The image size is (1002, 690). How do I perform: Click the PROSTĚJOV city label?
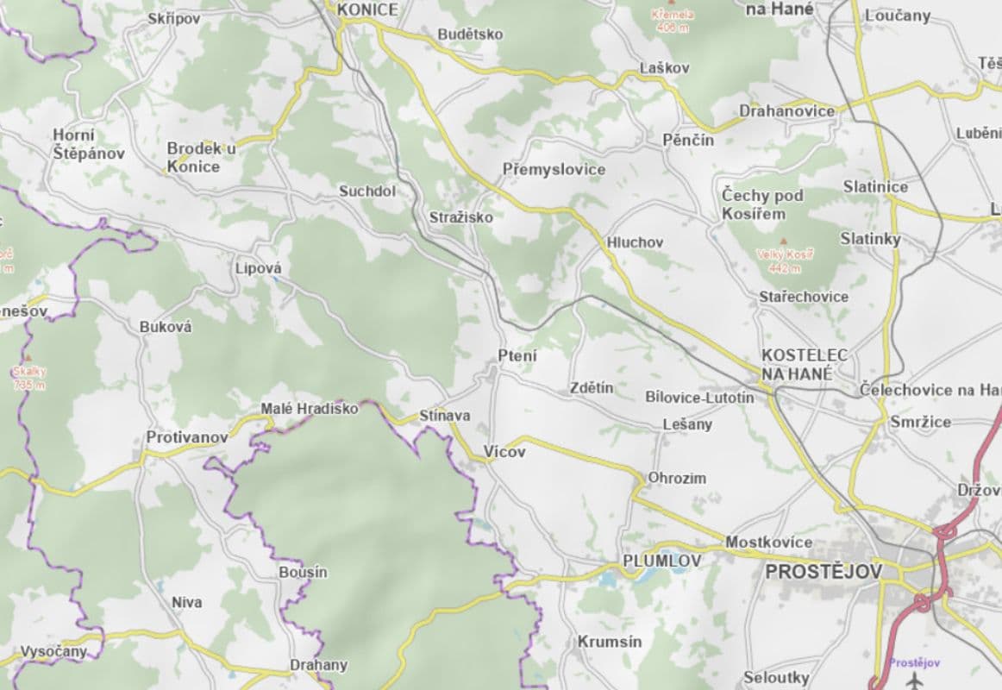tap(824, 572)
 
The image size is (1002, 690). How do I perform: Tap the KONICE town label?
tap(368, 9)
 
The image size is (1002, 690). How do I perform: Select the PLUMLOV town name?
tap(661, 561)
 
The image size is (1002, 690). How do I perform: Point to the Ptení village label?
tap(517, 355)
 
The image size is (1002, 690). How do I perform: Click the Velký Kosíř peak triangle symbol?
tap(783, 241)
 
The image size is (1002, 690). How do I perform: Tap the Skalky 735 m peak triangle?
tap(28, 356)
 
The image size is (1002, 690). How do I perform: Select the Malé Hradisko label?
tap(309, 409)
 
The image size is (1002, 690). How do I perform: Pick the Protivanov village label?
tap(187, 437)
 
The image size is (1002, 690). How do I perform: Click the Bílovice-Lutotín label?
tap(699, 397)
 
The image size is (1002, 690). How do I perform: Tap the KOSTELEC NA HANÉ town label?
tap(803, 365)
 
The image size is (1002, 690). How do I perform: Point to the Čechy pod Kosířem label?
tap(762, 204)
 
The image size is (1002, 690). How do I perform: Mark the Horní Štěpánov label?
tap(88, 144)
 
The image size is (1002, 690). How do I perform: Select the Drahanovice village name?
tap(786, 110)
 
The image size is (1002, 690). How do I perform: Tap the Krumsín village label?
tap(610, 642)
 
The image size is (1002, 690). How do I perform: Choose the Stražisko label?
tap(461, 217)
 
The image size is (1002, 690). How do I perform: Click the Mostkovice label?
tap(769, 542)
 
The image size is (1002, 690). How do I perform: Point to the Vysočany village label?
tap(53, 651)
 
